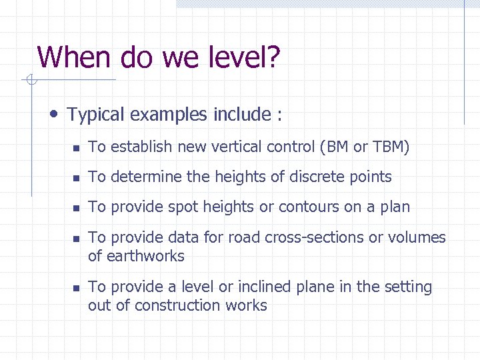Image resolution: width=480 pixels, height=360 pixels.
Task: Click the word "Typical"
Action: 96,115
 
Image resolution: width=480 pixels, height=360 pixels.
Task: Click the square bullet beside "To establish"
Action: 77,148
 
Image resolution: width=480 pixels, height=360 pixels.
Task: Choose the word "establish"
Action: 140,147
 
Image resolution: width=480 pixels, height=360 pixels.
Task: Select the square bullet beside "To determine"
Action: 77,178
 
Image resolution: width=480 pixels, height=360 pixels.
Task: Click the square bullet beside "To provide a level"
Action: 77,288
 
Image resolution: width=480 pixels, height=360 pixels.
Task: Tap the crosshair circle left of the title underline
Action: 29,81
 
